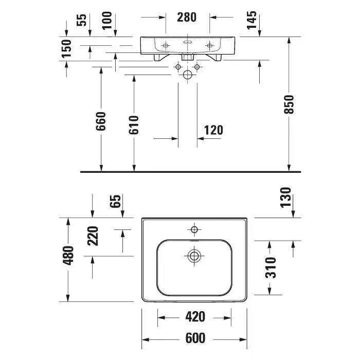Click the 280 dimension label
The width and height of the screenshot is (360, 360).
[187, 17]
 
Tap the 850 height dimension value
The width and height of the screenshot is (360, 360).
[289, 104]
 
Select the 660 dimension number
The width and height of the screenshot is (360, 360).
[101, 121]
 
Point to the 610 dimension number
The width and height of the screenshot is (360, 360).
[134, 125]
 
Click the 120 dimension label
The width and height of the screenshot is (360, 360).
[213, 130]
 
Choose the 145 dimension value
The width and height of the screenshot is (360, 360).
[251, 20]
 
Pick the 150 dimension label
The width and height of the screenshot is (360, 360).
[66, 48]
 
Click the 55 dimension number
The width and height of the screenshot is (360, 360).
[81, 20]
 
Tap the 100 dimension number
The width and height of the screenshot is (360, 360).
[107, 21]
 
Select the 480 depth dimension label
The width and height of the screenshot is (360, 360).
[68, 256]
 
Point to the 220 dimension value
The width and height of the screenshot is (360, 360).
[93, 236]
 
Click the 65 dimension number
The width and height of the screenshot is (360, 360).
[115, 202]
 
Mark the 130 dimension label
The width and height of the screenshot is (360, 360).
[285, 197]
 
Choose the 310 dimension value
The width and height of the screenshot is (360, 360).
[271, 268]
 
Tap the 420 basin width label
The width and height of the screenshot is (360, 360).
[195, 317]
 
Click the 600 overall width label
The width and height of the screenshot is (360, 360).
[195, 338]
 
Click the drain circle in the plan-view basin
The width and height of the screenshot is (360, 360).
[194, 256]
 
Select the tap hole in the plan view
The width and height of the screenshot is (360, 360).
[194, 229]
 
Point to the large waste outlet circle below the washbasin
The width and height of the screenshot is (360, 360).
[188, 75]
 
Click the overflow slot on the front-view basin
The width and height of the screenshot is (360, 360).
[188, 42]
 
